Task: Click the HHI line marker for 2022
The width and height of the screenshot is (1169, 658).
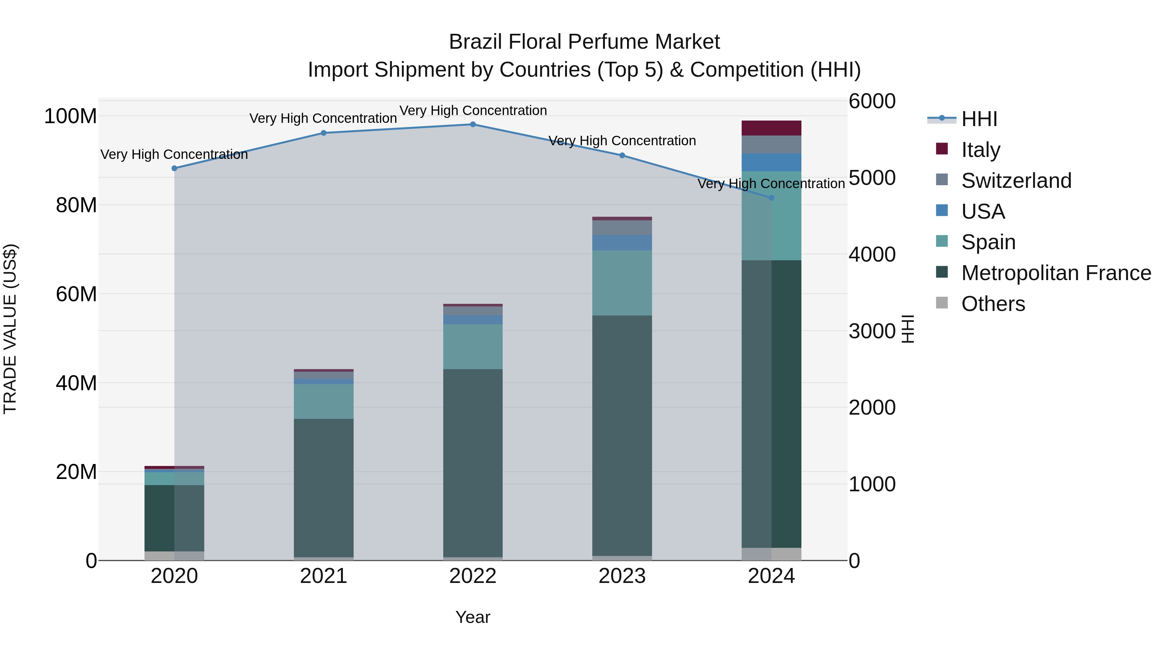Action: click(x=473, y=124)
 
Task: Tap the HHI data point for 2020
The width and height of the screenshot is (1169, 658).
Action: click(x=174, y=168)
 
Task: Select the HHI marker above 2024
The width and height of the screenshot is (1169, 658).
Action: click(x=772, y=198)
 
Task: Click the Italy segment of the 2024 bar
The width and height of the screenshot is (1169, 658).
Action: click(x=772, y=128)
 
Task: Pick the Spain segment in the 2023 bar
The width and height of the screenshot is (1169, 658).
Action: click(x=622, y=282)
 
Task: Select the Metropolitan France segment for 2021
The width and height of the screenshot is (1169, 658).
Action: click(x=323, y=488)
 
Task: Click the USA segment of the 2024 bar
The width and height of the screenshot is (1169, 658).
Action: click(x=772, y=162)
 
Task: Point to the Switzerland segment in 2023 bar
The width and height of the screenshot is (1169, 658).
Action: click(x=622, y=227)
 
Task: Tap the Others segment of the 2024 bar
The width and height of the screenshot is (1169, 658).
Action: click(x=772, y=554)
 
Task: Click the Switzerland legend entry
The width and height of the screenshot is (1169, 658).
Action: click(x=1016, y=181)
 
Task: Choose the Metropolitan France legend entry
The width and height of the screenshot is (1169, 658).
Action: click(x=1056, y=273)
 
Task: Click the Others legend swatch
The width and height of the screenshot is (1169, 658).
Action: click(x=942, y=303)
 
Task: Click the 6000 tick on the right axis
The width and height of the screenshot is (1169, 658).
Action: click(x=872, y=101)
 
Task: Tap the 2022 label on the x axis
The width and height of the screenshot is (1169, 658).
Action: click(x=473, y=576)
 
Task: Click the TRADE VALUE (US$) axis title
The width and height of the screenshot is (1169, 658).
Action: click(x=10, y=329)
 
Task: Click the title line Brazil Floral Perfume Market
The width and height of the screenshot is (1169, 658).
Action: click(x=584, y=42)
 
